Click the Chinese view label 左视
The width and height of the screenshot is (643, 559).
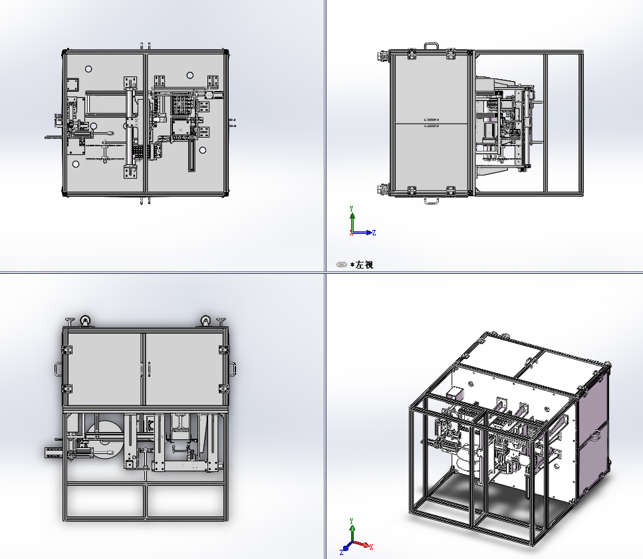coord(364,265)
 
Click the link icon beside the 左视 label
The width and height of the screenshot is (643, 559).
coord(342,265)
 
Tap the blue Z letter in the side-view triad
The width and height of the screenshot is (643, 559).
coord(374,233)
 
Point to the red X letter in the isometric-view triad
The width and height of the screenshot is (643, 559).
coord(371,547)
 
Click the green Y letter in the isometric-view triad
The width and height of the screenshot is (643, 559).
coord(352,521)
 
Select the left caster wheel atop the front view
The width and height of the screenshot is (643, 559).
coord(85,320)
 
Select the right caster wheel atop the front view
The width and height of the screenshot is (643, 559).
coord(205,320)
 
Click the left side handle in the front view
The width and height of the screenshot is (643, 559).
coord(58,368)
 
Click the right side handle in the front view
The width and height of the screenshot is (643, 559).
coord(233,368)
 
